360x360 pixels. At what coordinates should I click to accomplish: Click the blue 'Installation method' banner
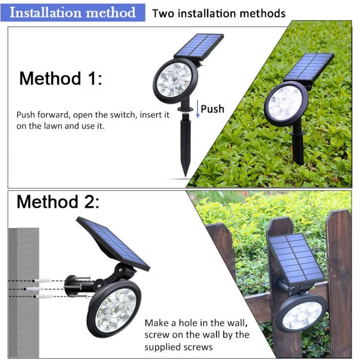[x=73, y=12]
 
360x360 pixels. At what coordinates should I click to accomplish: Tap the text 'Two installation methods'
[x=218, y=13]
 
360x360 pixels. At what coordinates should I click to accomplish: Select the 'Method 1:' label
[x=61, y=78]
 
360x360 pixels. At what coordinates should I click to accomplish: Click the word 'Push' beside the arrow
[x=213, y=109]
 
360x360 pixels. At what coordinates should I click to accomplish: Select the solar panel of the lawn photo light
[x=308, y=67]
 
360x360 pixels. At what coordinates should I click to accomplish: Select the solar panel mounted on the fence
[x=295, y=257]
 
